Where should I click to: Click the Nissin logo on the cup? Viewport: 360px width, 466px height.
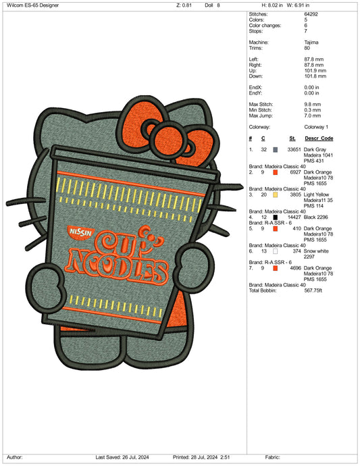80,232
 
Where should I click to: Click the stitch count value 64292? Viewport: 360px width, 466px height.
311,14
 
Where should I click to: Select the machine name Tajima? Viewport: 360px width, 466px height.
311,43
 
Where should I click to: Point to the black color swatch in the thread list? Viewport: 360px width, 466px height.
276,217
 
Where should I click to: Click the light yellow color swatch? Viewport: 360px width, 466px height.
276,195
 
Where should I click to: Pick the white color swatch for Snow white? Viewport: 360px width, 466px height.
276,251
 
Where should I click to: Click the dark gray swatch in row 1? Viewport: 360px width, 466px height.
276,149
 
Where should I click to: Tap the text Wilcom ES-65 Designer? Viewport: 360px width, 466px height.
32,5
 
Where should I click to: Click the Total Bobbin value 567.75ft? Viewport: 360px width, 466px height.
313,290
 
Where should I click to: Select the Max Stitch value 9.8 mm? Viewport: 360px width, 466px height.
313,105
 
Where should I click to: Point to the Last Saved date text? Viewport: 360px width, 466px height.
122,457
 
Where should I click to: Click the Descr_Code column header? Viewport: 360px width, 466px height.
319,138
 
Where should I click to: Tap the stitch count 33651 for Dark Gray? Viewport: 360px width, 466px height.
294,149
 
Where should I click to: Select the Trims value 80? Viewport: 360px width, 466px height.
307,48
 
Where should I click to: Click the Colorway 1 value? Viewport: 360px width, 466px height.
316,127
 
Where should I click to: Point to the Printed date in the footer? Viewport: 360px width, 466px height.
201,457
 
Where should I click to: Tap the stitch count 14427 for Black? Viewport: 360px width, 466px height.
294,217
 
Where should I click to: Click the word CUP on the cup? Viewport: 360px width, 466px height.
129,240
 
